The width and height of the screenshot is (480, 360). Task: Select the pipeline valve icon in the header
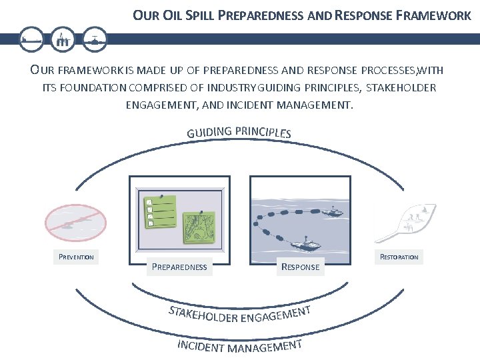(x=96, y=39)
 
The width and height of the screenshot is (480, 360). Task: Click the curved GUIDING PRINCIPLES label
(x=239, y=131)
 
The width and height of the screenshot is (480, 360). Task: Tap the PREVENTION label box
(x=76, y=257)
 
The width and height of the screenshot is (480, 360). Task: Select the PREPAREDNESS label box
(x=179, y=267)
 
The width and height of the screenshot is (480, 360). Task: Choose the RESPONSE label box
(x=301, y=267)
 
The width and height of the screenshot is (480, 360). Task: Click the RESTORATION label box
(x=399, y=257)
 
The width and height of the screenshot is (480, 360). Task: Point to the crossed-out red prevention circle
(x=74, y=222)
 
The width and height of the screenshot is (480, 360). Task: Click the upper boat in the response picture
(x=331, y=212)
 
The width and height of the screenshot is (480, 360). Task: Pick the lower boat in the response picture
(x=307, y=243)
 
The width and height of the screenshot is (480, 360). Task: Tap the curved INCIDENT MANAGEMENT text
(x=240, y=347)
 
